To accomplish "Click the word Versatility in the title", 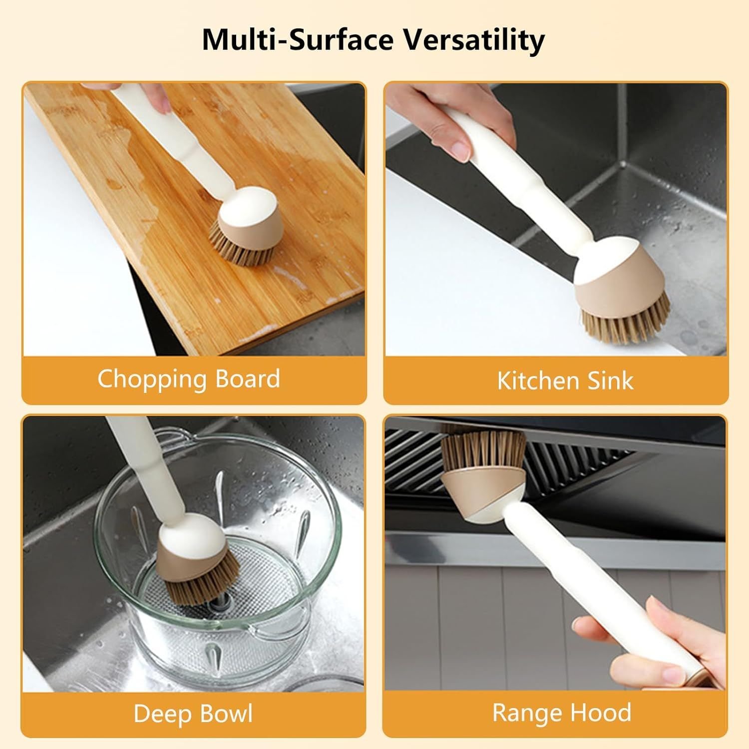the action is [474, 40].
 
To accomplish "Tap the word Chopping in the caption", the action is [152, 379].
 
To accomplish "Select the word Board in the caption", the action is [248, 378].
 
